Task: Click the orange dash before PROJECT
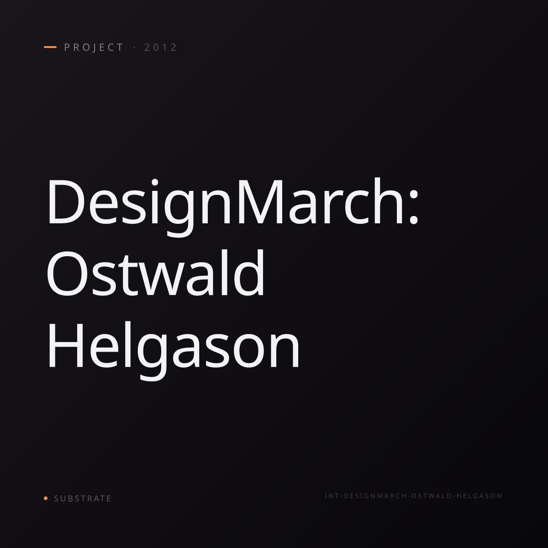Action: (x=50, y=47)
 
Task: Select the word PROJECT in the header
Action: (x=94, y=47)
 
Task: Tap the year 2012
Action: (x=161, y=47)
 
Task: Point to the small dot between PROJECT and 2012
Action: (x=134, y=47)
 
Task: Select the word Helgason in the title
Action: (x=174, y=350)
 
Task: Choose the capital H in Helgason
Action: (x=66, y=345)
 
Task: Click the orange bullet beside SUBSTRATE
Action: (x=46, y=498)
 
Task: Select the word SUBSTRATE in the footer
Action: (x=83, y=499)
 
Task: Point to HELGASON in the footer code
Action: (x=479, y=496)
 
